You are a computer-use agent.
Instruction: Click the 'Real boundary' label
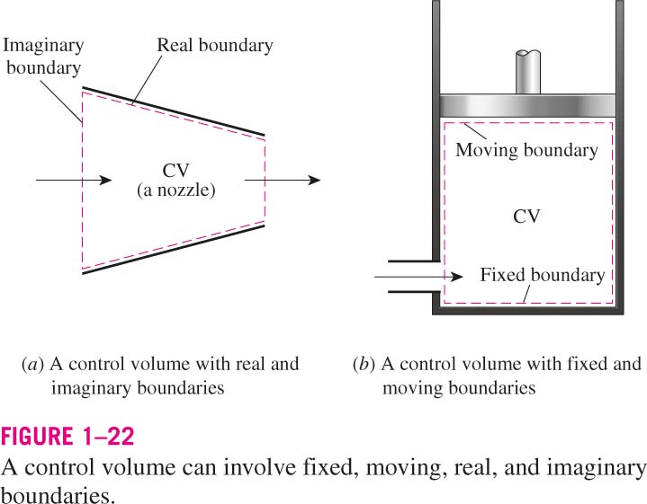coord(215,45)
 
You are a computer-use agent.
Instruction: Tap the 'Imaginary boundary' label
coord(43,57)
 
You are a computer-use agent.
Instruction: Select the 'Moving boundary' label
coord(526,150)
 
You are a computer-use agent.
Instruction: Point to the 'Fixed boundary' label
coord(543,275)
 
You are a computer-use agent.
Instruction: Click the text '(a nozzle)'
coord(176,190)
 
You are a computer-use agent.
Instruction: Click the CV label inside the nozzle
coord(175,171)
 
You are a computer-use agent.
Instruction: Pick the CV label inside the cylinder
coord(526,217)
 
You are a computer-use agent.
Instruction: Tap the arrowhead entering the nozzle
coord(106,180)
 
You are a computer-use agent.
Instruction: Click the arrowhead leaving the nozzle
coord(315,180)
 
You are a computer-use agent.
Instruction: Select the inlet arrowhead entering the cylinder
coord(457,277)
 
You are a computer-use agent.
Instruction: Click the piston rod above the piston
coord(528,73)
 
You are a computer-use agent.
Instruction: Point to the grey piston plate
coord(527,106)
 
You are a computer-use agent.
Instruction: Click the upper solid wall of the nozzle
coord(174,111)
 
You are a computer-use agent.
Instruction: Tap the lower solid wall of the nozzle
coord(174,250)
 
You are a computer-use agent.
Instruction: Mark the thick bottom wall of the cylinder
coord(527,311)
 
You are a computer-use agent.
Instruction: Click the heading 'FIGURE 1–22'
coord(67,436)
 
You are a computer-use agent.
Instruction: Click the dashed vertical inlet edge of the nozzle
coord(83,181)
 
